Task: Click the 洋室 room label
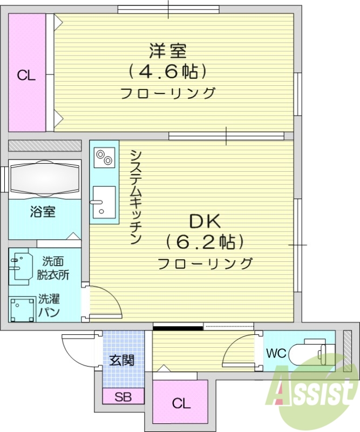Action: [168, 51]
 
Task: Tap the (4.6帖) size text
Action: [168, 71]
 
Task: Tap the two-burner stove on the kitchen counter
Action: [104, 157]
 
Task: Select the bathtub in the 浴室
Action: [45, 178]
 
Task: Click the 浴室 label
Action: [43, 212]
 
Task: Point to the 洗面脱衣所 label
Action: [53, 268]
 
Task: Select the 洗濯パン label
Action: [49, 305]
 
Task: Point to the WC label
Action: [275, 354]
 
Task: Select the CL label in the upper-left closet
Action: [26, 76]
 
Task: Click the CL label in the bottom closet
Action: [181, 403]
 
